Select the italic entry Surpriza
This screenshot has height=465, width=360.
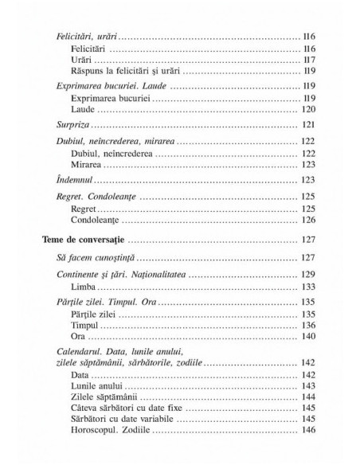pos(77,126)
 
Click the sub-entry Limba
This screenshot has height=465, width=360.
pos(82,287)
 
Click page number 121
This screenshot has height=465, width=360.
pos(310,126)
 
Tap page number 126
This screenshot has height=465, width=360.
pos(310,219)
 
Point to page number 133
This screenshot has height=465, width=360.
pos(310,287)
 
